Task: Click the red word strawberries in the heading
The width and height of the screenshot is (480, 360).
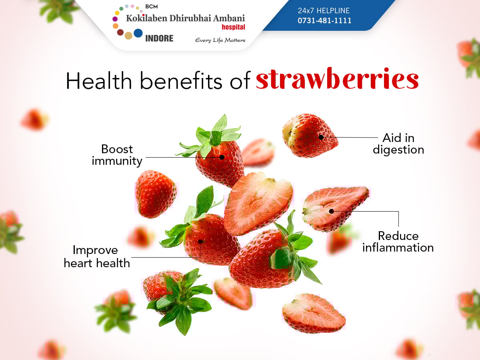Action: coord(337,79)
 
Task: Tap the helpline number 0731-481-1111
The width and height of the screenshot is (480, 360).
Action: coord(324,20)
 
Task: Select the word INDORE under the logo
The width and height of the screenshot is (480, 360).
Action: coord(159,38)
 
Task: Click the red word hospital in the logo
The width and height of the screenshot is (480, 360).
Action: coord(233,27)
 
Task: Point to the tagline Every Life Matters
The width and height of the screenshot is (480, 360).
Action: coord(220,40)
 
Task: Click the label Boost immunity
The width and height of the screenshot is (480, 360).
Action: coord(117,155)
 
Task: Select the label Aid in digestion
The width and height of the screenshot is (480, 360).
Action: coord(398,144)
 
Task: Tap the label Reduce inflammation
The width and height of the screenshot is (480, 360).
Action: coord(398,242)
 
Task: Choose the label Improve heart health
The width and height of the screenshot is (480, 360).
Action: coord(97,256)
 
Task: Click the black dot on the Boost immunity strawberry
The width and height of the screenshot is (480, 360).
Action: coord(222,157)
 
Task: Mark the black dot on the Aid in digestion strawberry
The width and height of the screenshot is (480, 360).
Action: coord(321,137)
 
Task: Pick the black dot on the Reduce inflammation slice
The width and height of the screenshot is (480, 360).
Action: coord(332,211)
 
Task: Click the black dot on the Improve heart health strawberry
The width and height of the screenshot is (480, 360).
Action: coord(200,242)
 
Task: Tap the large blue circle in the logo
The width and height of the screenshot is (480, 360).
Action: coord(138,33)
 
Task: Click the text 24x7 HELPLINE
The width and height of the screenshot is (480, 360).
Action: coord(324,10)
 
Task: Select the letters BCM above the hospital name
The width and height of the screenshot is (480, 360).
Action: coord(151,6)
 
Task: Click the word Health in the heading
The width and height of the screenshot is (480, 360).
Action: coord(99,81)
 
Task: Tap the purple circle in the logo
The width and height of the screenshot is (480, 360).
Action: coord(115,19)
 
